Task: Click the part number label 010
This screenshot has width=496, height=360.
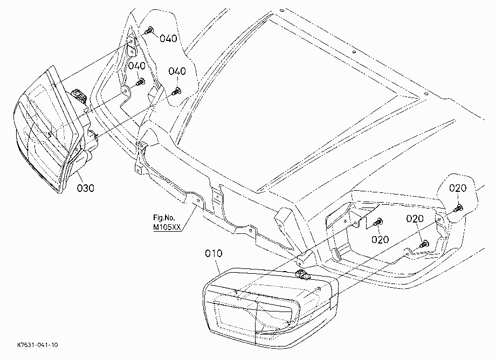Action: pos(213,253)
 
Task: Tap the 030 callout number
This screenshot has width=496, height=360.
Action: pos(85,189)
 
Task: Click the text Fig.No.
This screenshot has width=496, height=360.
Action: pos(164,217)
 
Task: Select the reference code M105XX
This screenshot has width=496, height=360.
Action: pos(167,227)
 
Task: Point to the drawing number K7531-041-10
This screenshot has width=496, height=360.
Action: pos(38,345)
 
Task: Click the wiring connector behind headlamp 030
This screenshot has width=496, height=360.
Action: pos(79,95)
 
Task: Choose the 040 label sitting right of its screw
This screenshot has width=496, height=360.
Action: pos(168,39)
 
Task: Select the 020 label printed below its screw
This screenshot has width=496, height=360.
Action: pos(380,240)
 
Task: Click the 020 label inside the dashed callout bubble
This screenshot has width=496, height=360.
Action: pos(458,188)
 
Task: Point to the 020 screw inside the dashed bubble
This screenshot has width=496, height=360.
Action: pos(458,208)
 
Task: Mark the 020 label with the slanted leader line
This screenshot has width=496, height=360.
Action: pos(415,219)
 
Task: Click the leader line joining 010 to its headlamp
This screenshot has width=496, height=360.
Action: pos(217,265)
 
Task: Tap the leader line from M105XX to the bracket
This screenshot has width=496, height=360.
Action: pos(188,219)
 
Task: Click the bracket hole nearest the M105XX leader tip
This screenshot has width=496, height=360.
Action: pos(198,200)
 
